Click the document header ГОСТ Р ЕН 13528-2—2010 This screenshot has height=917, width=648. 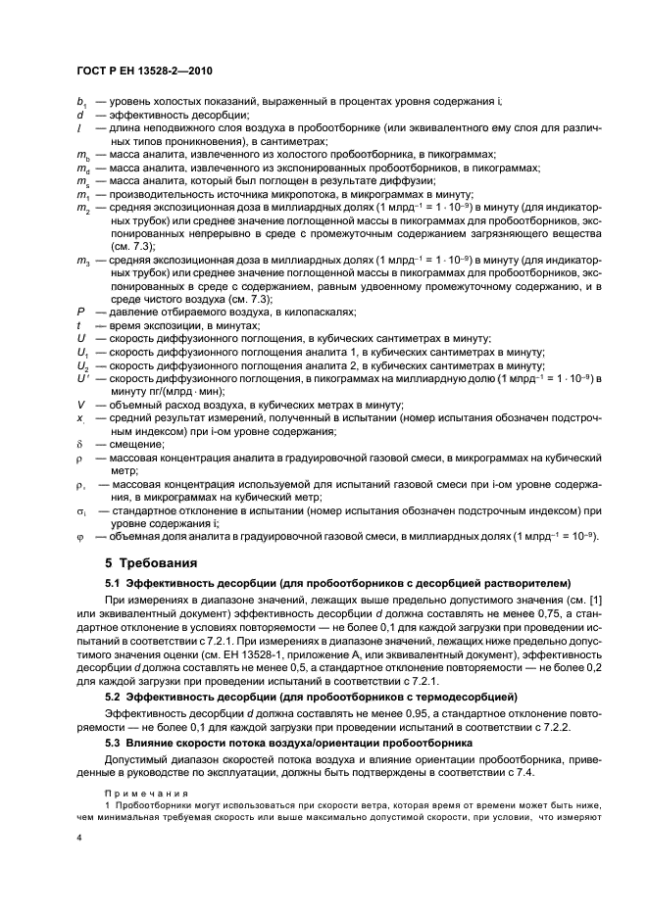point(145,72)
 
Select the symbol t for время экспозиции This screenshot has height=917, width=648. point(78,324)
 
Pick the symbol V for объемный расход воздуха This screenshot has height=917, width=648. point(79,404)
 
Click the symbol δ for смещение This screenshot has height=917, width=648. point(78,443)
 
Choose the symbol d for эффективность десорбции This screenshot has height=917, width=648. point(78,114)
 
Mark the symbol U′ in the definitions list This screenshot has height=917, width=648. point(81,377)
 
